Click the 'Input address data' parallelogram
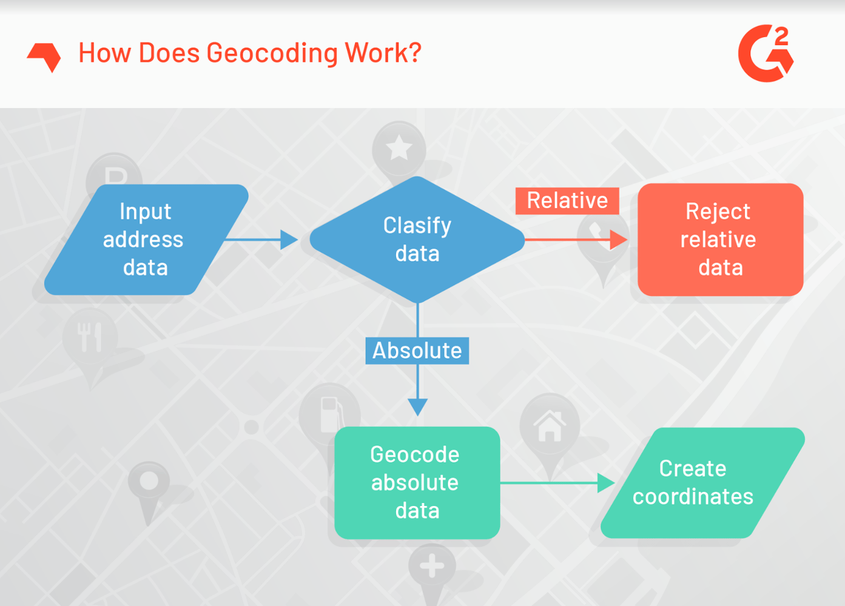point(146,240)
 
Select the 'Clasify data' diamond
point(417,240)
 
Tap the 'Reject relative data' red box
point(720,240)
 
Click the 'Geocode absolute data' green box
point(417,483)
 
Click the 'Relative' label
point(567,201)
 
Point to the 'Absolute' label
point(417,351)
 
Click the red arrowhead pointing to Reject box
point(618,240)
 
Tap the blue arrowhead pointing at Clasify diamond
point(289,240)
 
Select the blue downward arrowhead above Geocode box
point(417,406)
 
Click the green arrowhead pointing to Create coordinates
point(605,483)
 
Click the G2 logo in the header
point(766,53)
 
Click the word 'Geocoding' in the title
point(272,53)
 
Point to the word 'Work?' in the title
point(383,53)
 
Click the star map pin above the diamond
point(399,149)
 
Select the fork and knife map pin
point(90,337)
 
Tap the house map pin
point(550,426)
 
